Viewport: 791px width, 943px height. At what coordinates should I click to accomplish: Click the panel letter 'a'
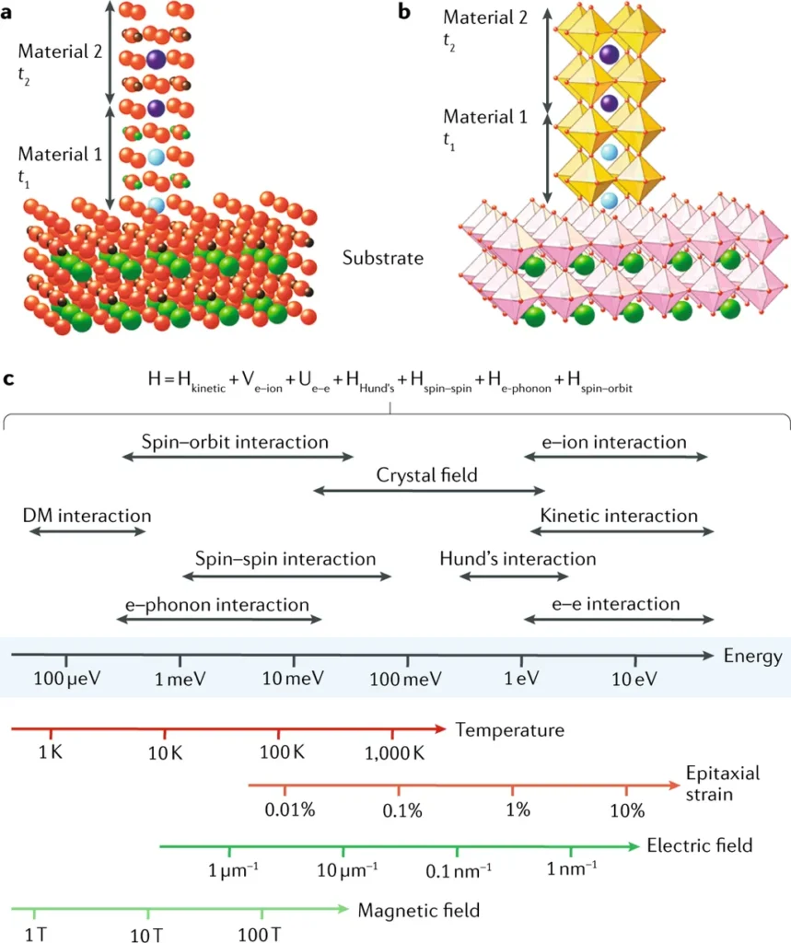click(9, 12)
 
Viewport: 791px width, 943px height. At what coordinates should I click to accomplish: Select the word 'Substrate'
click(383, 258)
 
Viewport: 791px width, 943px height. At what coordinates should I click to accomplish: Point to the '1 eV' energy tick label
click(521, 679)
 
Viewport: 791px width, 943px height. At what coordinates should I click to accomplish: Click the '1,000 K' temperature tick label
click(393, 751)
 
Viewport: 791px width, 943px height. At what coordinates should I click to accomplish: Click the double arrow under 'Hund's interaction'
click(514, 576)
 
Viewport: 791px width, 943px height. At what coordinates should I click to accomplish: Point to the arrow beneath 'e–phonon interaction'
click(218, 621)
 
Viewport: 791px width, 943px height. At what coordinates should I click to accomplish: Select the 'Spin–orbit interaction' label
click(235, 442)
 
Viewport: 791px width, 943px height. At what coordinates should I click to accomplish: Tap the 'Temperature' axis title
click(509, 730)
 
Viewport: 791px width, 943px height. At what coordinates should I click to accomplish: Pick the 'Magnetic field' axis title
click(418, 911)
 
